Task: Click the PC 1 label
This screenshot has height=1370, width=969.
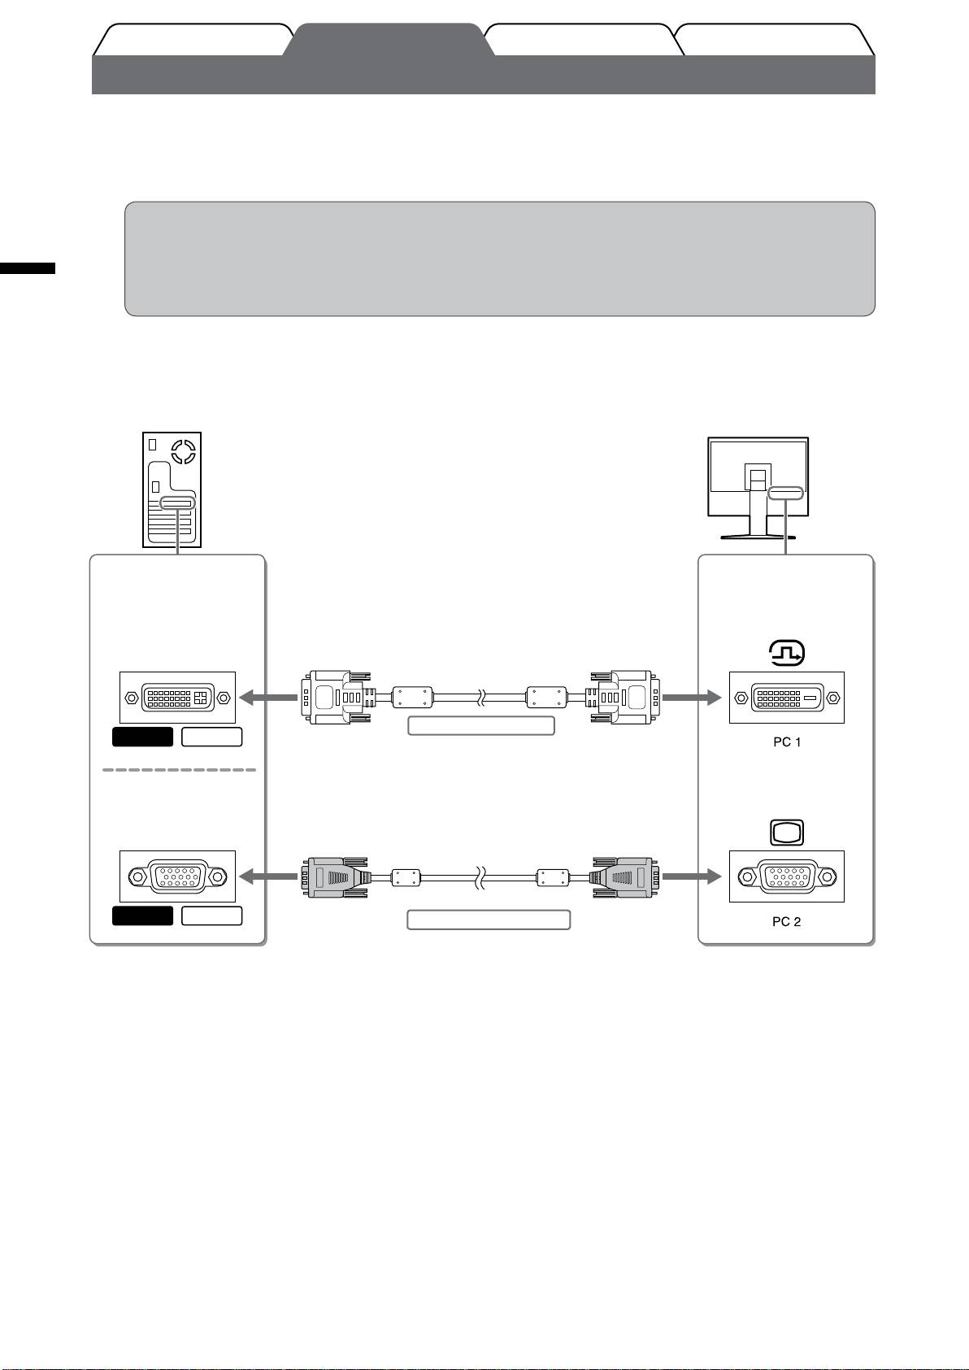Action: coord(787,742)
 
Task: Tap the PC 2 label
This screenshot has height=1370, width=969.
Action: coord(787,922)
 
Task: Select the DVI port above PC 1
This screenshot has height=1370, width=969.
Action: coord(787,698)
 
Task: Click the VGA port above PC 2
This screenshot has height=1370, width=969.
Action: coord(787,876)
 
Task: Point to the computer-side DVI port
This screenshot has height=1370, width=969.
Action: coord(177,698)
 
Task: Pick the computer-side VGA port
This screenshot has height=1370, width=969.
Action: coord(177,876)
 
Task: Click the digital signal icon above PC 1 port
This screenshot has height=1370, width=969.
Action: coord(787,654)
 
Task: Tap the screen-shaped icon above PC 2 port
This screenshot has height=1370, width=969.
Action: coord(786,832)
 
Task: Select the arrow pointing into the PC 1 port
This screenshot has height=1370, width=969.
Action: coord(692,698)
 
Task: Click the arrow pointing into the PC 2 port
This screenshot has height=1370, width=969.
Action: coord(692,876)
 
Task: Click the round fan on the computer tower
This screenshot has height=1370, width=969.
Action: coord(184,450)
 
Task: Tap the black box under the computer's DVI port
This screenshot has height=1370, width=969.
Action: coord(142,737)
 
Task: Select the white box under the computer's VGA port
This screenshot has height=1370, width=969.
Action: coord(211,916)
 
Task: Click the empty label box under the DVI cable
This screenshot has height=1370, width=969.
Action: coord(480,726)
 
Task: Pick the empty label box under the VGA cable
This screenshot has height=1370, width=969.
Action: coord(489,920)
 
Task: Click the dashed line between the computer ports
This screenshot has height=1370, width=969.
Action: coord(179,769)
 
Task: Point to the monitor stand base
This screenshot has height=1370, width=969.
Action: coord(758,535)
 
